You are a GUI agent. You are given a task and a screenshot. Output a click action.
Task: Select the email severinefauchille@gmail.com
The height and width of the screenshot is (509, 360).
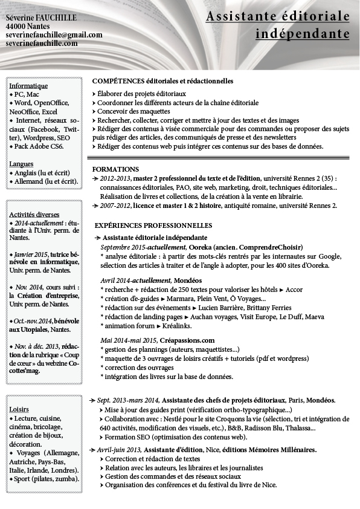pyautogui.click(x=54, y=35)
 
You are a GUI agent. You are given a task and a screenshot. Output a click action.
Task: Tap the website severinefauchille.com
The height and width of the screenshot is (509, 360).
pyautogui.click(x=42, y=44)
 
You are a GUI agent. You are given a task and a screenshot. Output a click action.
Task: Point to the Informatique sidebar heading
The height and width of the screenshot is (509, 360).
pyautogui.click(x=28, y=86)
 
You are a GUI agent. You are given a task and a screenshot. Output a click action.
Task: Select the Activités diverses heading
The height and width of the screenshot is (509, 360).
pyautogui.click(x=34, y=214)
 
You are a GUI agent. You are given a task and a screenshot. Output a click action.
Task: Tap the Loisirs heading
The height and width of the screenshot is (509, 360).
pyautogui.click(x=19, y=409)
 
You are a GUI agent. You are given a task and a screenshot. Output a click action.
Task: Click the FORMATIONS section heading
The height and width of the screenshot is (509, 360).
pyautogui.click(x=115, y=169)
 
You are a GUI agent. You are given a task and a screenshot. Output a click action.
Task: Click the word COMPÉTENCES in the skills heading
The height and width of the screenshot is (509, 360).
pyautogui.click(x=118, y=81)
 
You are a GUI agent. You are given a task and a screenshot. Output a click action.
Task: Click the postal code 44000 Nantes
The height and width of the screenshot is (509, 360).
pyautogui.click(x=24, y=27)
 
